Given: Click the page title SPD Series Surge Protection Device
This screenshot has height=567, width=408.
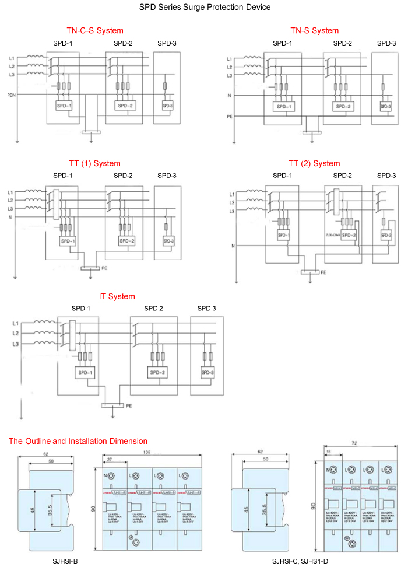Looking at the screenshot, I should pyautogui.click(x=205, y=8).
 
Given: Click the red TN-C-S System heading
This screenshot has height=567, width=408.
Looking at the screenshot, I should pyautogui.click(x=95, y=30).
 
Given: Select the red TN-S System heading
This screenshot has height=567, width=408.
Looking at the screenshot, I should pyautogui.click(x=314, y=30).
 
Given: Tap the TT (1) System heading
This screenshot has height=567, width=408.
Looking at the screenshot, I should pyautogui.click(x=94, y=163).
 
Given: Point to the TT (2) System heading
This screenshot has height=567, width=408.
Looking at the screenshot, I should pyautogui.click(x=314, y=163).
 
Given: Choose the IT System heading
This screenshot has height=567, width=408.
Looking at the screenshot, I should pyautogui.click(x=117, y=296).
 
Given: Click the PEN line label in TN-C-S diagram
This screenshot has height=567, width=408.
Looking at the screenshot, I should pyautogui.click(x=11, y=94).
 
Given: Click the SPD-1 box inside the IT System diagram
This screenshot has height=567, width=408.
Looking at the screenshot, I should pyautogui.click(x=84, y=372).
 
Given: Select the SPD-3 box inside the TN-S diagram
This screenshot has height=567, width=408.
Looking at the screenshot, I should pyautogui.click(x=385, y=106).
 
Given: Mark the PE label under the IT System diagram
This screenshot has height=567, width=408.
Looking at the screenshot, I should pyautogui.click(x=129, y=405).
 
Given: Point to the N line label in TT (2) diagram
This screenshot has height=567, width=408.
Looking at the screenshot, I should pyautogui.click(x=233, y=246).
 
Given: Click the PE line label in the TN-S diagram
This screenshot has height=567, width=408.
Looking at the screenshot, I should pyautogui.click(x=230, y=117).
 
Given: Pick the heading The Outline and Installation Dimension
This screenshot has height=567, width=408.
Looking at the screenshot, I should pyautogui.click(x=78, y=441).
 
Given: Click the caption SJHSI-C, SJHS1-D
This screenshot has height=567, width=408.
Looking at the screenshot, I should pyautogui.click(x=300, y=561).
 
